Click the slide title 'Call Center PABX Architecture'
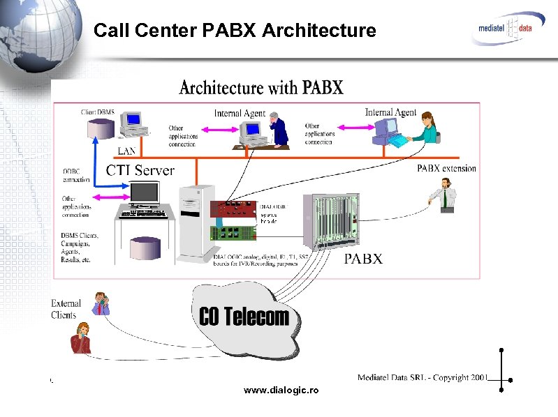[x=235, y=31]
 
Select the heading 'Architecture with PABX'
[x=261, y=88]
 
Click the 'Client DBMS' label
[x=98, y=112]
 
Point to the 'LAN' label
[x=126, y=150]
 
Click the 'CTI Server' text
[x=140, y=170]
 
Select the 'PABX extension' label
[x=446, y=168]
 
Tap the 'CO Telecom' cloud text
[x=244, y=317]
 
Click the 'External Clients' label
[x=66, y=309]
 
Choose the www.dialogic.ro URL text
[x=281, y=391]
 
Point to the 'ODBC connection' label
[x=76, y=175]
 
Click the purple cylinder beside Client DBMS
[x=101, y=128]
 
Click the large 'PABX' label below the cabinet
[x=363, y=259]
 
